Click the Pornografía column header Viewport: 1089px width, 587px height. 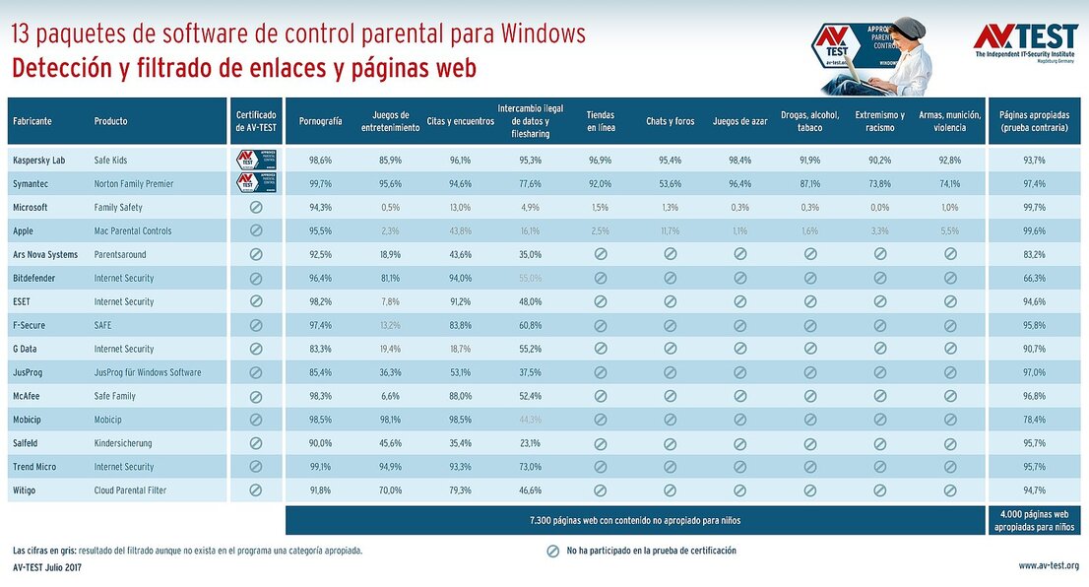(320, 121)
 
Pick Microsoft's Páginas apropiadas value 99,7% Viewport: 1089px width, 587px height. (1034, 207)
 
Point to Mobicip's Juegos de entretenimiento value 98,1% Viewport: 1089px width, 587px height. (391, 420)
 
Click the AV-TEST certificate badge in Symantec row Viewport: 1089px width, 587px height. (256, 183)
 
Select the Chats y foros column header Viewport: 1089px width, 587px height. (670, 121)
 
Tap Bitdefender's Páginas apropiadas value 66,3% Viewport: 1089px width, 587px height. (1034, 278)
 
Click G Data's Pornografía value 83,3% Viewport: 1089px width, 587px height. (320, 349)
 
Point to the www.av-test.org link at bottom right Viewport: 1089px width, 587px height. (1048, 565)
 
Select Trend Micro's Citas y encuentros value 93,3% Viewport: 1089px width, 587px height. (460, 467)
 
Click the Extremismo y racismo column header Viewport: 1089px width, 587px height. (879, 121)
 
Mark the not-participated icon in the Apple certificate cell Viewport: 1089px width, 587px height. (256, 230)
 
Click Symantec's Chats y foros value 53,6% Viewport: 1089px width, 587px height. (670, 183)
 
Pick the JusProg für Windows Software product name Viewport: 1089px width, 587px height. (148, 372)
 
